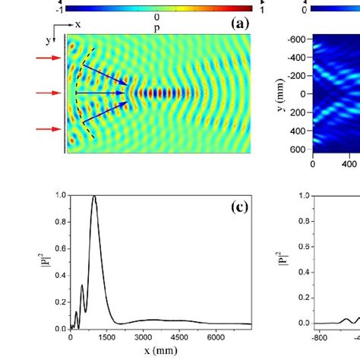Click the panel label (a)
239,24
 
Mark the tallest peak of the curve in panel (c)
94,197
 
